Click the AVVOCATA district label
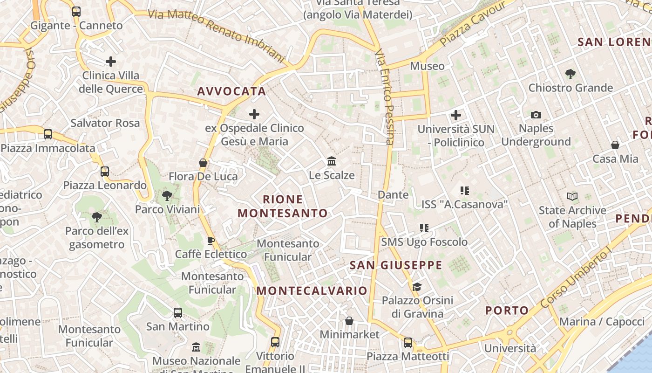click(x=231, y=91)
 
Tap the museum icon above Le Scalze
click(x=332, y=161)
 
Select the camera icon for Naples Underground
click(x=536, y=115)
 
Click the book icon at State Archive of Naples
click(x=572, y=197)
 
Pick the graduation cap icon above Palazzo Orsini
click(x=417, y=287)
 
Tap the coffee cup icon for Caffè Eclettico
click(x=211, y=241)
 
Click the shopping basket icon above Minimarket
click(x=349, y=321)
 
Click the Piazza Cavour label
click(x=473, y=23)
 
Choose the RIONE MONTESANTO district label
click(x=283, y=207)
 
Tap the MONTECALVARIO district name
click(x=312, y=291)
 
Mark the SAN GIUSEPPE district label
click(x=396, y=265)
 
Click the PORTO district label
click(x=507, y=311)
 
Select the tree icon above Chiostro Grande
click(x=570, y=74)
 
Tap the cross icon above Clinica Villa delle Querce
click(x=111, y=61)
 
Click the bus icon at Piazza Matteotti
click(x=408, y=343)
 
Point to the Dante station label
click(x=393, y=194)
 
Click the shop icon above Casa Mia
click(x=615, y=145)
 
